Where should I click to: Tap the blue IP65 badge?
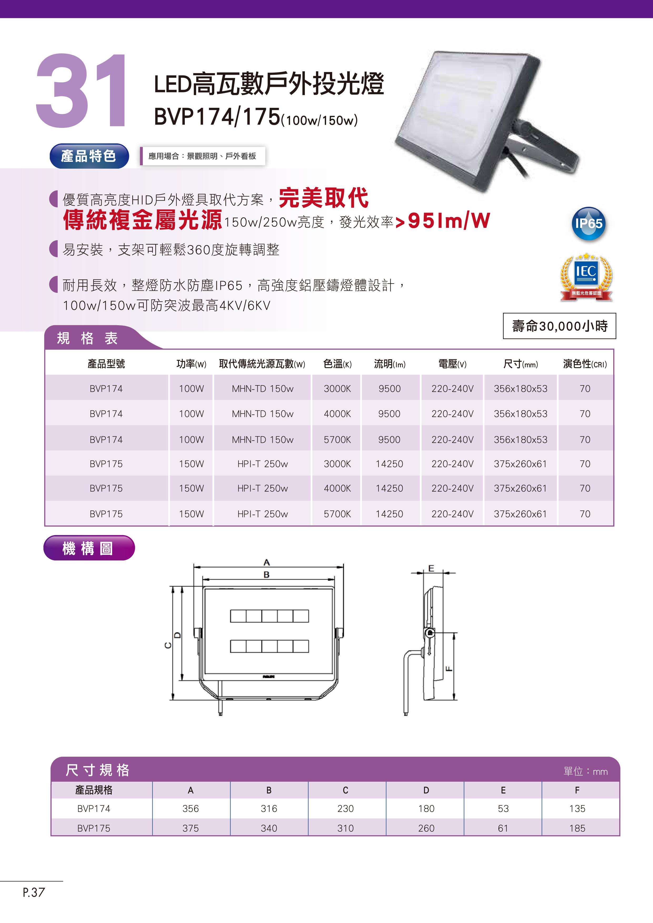(588, 223)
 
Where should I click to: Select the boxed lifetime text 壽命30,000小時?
(559, 326)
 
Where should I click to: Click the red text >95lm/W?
(443, 221)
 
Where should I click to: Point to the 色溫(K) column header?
(337, 364)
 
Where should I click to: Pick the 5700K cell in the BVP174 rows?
(337, 440)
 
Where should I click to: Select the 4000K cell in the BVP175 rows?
(337, 488)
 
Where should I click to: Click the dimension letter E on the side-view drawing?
(431, 568)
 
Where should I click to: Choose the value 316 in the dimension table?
(269, 809)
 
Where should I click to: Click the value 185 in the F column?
(577, 828)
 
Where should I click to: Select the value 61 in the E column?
(503, 828)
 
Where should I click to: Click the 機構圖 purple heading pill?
(89, 548)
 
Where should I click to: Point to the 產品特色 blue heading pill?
(89, 156)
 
